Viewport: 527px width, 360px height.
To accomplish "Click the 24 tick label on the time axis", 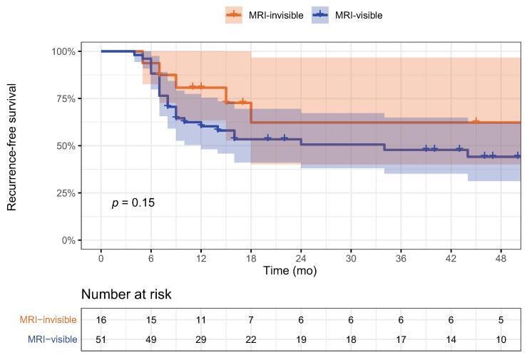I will tap(300, 258).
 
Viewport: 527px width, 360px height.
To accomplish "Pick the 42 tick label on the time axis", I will tap(451, 258).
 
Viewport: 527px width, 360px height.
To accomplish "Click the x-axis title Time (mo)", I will tap(290, 271).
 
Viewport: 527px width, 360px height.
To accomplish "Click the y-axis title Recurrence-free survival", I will tap(12, 146).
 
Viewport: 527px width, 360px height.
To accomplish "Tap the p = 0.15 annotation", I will tap(133, 203).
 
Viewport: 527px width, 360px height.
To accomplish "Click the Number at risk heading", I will tap(126, 294).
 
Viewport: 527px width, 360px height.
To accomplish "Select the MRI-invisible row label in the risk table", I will tap(48, 320).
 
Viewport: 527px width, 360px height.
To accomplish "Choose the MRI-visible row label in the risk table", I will tap(51, 339).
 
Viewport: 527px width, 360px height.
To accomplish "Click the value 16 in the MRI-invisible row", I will tap(101, 320).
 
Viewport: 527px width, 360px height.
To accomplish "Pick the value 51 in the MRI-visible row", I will tap(101, 339).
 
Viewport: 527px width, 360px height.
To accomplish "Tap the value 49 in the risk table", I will tap(150, 339).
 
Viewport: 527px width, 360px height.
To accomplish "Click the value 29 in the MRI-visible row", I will tap(200, 339).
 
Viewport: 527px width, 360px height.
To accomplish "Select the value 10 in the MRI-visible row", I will tap(501, 339).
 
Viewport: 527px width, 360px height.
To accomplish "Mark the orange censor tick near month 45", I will tap(476, 122).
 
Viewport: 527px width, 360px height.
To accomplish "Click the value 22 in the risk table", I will tap(250, 339).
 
